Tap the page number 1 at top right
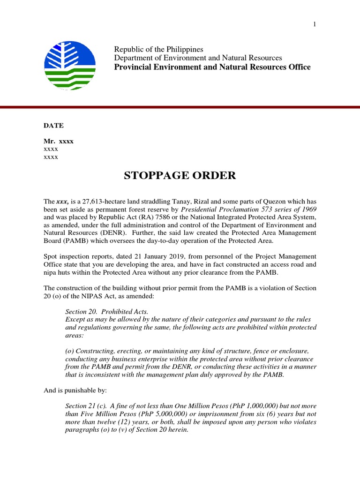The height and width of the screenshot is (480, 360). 315,24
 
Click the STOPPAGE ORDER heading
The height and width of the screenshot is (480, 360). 180,176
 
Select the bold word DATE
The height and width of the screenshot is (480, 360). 53,126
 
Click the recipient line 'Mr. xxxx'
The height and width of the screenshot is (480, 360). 59,141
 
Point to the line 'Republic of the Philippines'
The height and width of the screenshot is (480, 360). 159,49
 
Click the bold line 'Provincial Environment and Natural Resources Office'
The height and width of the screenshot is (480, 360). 213,67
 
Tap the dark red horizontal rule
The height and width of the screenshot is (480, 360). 180,107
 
